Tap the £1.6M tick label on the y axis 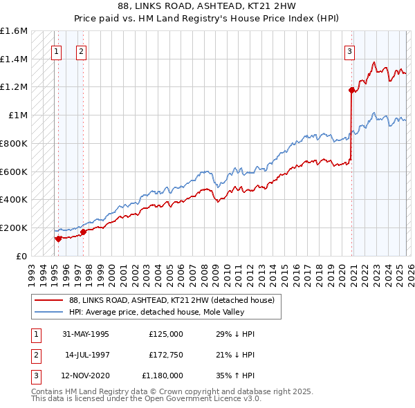(14, 31)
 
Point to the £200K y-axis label (14, 228)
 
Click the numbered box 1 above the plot (56, 50)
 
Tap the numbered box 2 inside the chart (81, 50)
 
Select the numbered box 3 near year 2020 (349, 50)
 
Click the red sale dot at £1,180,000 (351, 89)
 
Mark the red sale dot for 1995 (59, 239)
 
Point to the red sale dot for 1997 (83, 232)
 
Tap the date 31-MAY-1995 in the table (86, 334)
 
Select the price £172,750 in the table (165, 355)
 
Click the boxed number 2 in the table (36, 355)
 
